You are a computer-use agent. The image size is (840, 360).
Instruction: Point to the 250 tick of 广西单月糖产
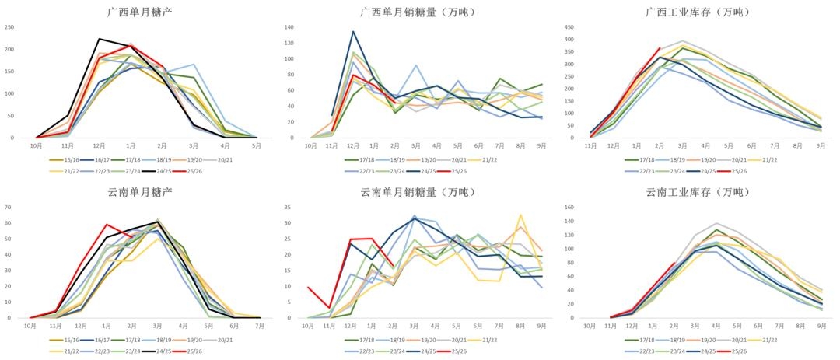coord(10,27)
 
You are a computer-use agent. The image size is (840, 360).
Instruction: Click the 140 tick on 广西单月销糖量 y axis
coord(289,27)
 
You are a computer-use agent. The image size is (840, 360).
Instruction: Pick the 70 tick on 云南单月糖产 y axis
coord(9,208)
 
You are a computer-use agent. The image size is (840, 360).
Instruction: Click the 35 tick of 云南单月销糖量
coord(287,208)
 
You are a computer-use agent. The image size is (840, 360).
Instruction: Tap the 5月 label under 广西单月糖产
coord(257,145)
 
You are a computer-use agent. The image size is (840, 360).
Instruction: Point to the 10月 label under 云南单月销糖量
coord(309,326)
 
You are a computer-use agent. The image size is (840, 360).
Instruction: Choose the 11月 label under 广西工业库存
coord(590,145)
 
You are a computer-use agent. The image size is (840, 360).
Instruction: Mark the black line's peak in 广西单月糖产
coord(99,39)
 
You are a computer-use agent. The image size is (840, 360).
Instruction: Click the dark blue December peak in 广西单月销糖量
coord(353,32)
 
